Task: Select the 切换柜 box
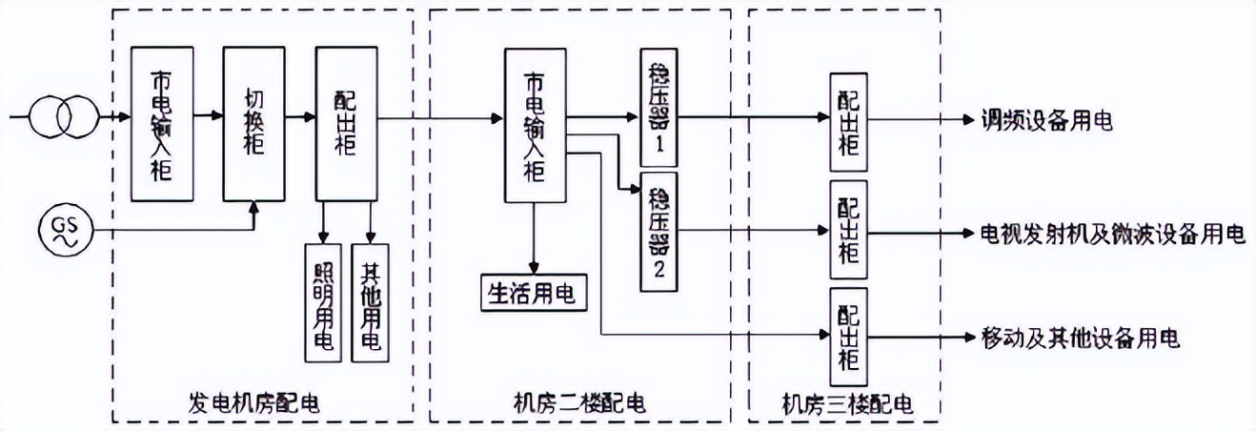(x=253, y=123)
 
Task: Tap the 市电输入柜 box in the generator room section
(x=162, y=123)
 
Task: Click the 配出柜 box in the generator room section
(x=347, y=123)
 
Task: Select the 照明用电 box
(x=323, y=301)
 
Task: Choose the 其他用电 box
(x=371, y=301)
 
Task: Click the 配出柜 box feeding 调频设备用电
(x=848, y=118)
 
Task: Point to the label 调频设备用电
(x=1047, y=121)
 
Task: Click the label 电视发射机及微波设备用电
(x=1113, y=234)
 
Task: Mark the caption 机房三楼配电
(x=847, y=405)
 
